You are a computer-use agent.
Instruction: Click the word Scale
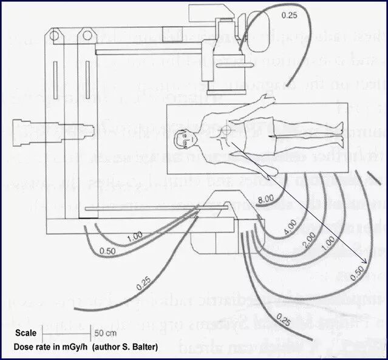pyautogui.click(x=26, y=333)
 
